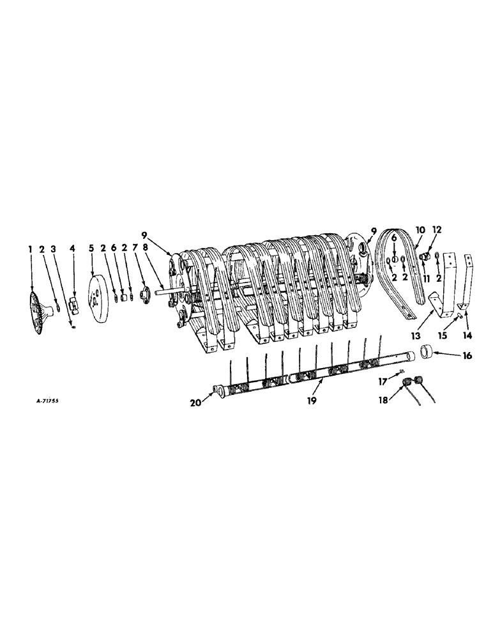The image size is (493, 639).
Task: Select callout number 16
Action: [449, 355]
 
